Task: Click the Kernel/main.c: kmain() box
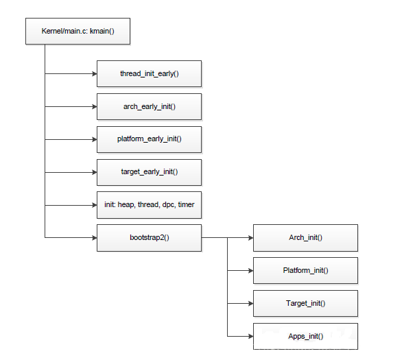[x=77, y=32]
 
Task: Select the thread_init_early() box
[x=150, y=73]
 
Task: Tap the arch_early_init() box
[x=150, y=106]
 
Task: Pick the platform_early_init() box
[x=150, y=139]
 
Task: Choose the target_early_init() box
[x=150, y=172]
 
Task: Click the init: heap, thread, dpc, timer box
[x=150, y=204]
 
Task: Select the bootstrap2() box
[x=150, y=237]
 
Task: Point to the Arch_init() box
[x=305, y=237]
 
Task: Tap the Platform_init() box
[x=305, y=270]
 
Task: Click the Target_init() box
[x=305, y=303]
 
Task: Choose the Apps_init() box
[x=305, y=336]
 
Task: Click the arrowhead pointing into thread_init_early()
[x=93, y=73]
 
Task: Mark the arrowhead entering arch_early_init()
[x=93, y=106]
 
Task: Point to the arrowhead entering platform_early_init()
[x=93, y=139]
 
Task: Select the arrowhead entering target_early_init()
[x=93, y=172]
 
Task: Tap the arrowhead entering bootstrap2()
[x=93, y=237]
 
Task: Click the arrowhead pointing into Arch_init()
[x=250, y=237]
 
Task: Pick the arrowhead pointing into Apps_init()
[x=250, y=336]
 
